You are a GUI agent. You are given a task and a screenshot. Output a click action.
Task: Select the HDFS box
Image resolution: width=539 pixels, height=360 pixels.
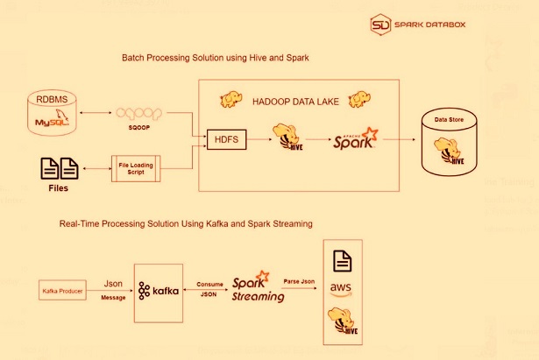point(226,138)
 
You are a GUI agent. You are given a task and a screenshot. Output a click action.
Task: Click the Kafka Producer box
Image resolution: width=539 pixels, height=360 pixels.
point(62,290)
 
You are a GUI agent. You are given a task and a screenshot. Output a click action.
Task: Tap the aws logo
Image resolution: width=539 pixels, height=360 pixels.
point(342,290)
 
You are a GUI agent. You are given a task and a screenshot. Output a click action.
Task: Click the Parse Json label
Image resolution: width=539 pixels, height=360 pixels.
point(300,281)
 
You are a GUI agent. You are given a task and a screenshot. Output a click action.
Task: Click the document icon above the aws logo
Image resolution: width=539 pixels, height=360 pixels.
point(342,260)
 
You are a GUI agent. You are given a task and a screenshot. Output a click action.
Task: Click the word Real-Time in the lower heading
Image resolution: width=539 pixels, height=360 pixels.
point(79,224)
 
